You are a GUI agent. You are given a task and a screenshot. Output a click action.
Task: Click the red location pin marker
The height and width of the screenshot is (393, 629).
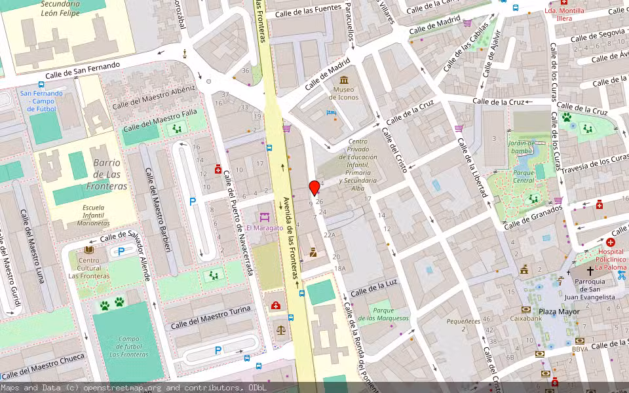[314, 188]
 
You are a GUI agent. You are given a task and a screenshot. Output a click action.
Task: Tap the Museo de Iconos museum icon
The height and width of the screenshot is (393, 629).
[344, 79]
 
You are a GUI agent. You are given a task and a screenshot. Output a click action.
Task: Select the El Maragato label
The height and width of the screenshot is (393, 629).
[264, 228]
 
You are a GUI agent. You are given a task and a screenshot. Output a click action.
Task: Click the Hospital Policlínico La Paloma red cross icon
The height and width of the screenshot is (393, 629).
[610, 242]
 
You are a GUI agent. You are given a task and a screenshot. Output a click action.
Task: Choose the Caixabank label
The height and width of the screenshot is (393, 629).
[527, 318]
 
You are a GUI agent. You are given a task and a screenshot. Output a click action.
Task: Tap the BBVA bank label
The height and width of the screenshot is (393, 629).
[579, 349]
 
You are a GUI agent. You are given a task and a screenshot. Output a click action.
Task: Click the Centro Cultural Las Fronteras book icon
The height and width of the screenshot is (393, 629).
[89, 250]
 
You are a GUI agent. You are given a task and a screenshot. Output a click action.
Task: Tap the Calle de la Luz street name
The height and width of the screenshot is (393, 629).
[373, 288]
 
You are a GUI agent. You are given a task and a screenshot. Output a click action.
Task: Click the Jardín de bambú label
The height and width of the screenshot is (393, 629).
[522, 147]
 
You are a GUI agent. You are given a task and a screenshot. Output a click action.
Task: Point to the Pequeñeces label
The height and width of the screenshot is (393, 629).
[463, 322]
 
